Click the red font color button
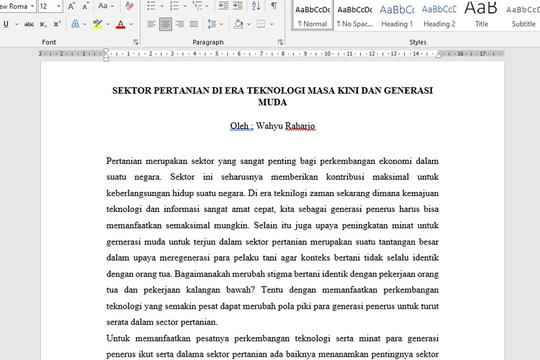point(120,23)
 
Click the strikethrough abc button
point(28,23)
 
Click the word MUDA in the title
point(272,102)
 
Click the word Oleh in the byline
point(240,127)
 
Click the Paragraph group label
point(208,42)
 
